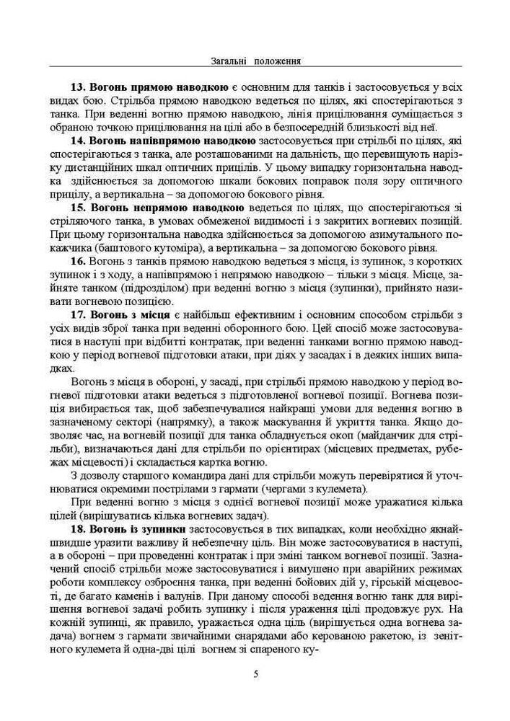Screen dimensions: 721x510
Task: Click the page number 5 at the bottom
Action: (x=255, y=674)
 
